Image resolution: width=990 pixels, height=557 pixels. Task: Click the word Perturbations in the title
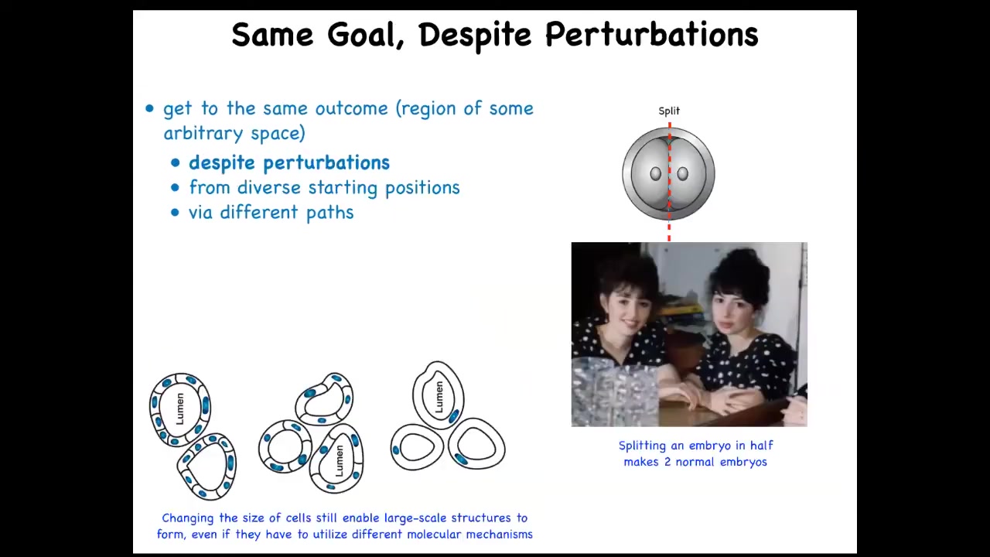pyautogui.click(x=651, y=35)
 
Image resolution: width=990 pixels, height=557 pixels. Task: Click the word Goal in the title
pyautogui.click(x=366, y=36)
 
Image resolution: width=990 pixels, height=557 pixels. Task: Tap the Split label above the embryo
pyautogui.click(x=669, y=111)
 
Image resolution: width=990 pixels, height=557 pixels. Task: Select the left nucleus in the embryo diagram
pyautogui.click(x=655, y=174)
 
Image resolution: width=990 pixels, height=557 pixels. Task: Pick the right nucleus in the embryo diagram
pyautogui.click(x=682, y=174)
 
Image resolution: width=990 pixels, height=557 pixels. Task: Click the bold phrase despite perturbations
pyautogui.click(x=289, y=162)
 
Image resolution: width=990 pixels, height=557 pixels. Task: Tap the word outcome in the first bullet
pyautogui.click(x=351, y=108)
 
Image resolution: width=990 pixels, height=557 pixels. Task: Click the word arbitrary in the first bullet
pyautogui.click(x=203, y=134)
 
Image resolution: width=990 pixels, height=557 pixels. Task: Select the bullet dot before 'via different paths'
pyautogui.click(x=175, y=213)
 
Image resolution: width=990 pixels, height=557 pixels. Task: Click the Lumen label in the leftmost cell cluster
pyautogui.click(x=180, y=408)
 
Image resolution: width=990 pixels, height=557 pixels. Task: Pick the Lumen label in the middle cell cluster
pyautogui.click(x=340, y=460)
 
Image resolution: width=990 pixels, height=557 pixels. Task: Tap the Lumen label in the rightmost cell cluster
pyautogui.click(x=439, y=398)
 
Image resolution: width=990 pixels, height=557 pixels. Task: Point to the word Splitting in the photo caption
pyautogui.click(x=642, y=446)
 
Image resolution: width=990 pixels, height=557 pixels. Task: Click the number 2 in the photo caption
pyautogui.click(x=667, y=462)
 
